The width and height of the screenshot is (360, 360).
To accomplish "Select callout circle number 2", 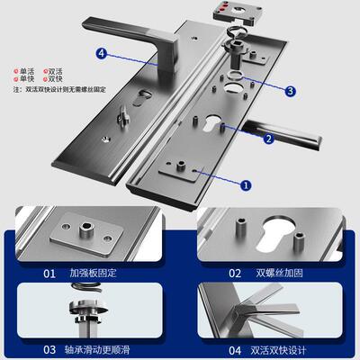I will point(267,139).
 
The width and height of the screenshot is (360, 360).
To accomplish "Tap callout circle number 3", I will point(291,91).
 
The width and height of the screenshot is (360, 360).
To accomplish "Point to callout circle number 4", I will point(102,53).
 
